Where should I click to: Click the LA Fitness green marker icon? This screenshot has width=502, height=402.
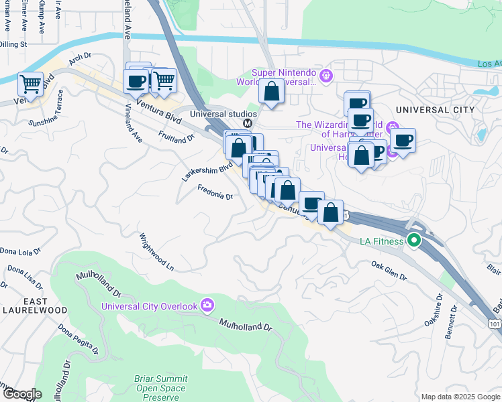pyautogui.click(x=415, y=241)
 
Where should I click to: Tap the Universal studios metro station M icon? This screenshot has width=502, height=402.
pyautogui.click(x=248, y=123)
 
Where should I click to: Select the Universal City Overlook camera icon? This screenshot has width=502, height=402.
pyautogui.click(x=207, y=306)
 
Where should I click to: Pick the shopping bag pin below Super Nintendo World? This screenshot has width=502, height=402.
pyautogui.click(x=271, y=94)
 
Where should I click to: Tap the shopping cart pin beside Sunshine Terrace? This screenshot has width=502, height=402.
pyautogui.click(x=30, y=84)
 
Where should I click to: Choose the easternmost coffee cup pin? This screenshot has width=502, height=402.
pyautogui.click(x=403, y=141)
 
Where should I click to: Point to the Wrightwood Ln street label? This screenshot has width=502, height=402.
pyautogui.click(x=156, y=252)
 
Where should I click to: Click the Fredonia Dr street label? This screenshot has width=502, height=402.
pyautogui.click(x=215, y=192)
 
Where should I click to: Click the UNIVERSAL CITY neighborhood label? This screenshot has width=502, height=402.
pyautogui.click(x=435, y=110)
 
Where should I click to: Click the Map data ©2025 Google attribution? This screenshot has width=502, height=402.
pyautogui.click(x=460, y=397)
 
